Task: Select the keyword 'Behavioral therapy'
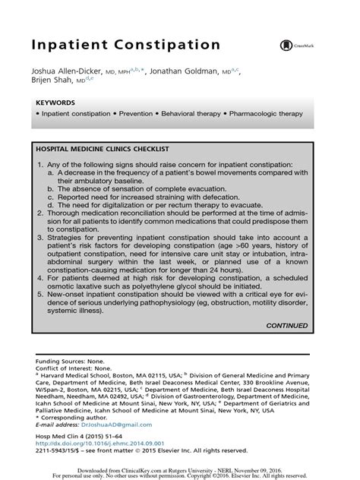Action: click(187, 113)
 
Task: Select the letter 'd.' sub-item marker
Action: click(49, 204)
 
